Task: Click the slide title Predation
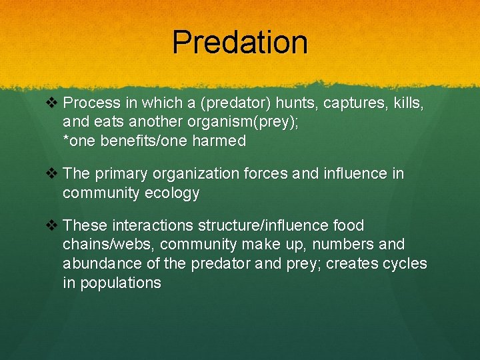[240, 42]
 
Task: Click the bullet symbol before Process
[54, 103]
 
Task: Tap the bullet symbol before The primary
[54, 173]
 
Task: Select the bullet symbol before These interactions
[54, 225]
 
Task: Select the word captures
[351, 103]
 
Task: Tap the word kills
[407, 103]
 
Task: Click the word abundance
[103, 263]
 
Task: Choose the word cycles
[405, 263]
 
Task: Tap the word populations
[121, 282]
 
